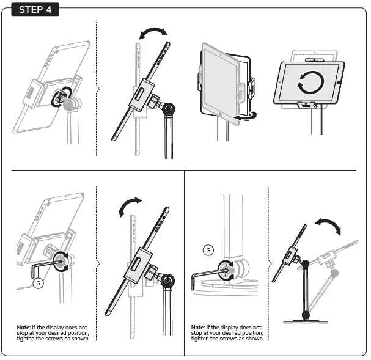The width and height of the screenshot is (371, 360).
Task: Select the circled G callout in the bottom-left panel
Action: pos(40,283)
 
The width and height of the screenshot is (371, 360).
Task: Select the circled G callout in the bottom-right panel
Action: pos(209,250)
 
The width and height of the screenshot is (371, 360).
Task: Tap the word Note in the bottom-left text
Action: pos(23,328)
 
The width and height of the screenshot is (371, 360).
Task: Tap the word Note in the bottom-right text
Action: pos(198,328)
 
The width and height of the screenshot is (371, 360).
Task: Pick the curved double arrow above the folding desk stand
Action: pos(328,227)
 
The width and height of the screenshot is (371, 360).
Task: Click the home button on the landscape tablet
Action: pos(336,81)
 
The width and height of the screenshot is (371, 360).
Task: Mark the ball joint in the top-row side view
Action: pos(169,109)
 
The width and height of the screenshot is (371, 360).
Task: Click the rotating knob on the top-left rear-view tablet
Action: pos(64,98)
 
